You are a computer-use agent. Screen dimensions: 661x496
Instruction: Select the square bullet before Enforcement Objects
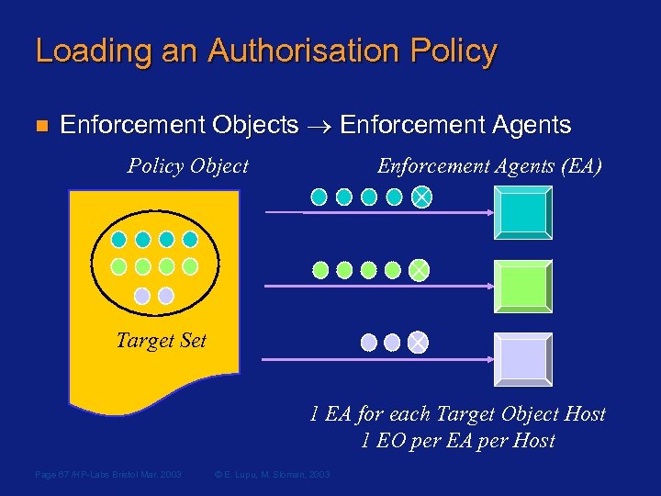39,125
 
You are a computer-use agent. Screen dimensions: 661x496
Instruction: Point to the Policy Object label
187,166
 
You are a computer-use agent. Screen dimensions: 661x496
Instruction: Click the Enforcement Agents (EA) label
489,166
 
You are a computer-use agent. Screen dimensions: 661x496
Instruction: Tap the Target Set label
161,341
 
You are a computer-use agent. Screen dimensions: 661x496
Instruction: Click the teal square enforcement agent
522,213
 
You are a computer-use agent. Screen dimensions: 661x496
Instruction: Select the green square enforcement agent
522,287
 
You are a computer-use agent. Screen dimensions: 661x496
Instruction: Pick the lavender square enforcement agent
522,358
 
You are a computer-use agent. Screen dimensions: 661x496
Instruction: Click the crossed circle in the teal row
420,197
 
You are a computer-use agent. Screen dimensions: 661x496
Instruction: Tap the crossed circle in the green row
418,270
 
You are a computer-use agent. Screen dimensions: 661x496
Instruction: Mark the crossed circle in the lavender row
418,343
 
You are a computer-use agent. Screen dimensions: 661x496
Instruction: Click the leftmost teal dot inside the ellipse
119,239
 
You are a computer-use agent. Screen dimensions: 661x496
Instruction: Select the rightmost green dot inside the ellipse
190,266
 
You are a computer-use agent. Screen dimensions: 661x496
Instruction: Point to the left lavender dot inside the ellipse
142,296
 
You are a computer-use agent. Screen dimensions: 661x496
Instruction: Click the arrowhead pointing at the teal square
488,212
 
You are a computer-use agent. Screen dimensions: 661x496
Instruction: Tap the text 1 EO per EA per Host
458,440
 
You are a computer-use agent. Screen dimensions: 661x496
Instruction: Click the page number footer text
107,474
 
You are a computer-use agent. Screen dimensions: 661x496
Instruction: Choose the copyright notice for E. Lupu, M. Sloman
272,474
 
